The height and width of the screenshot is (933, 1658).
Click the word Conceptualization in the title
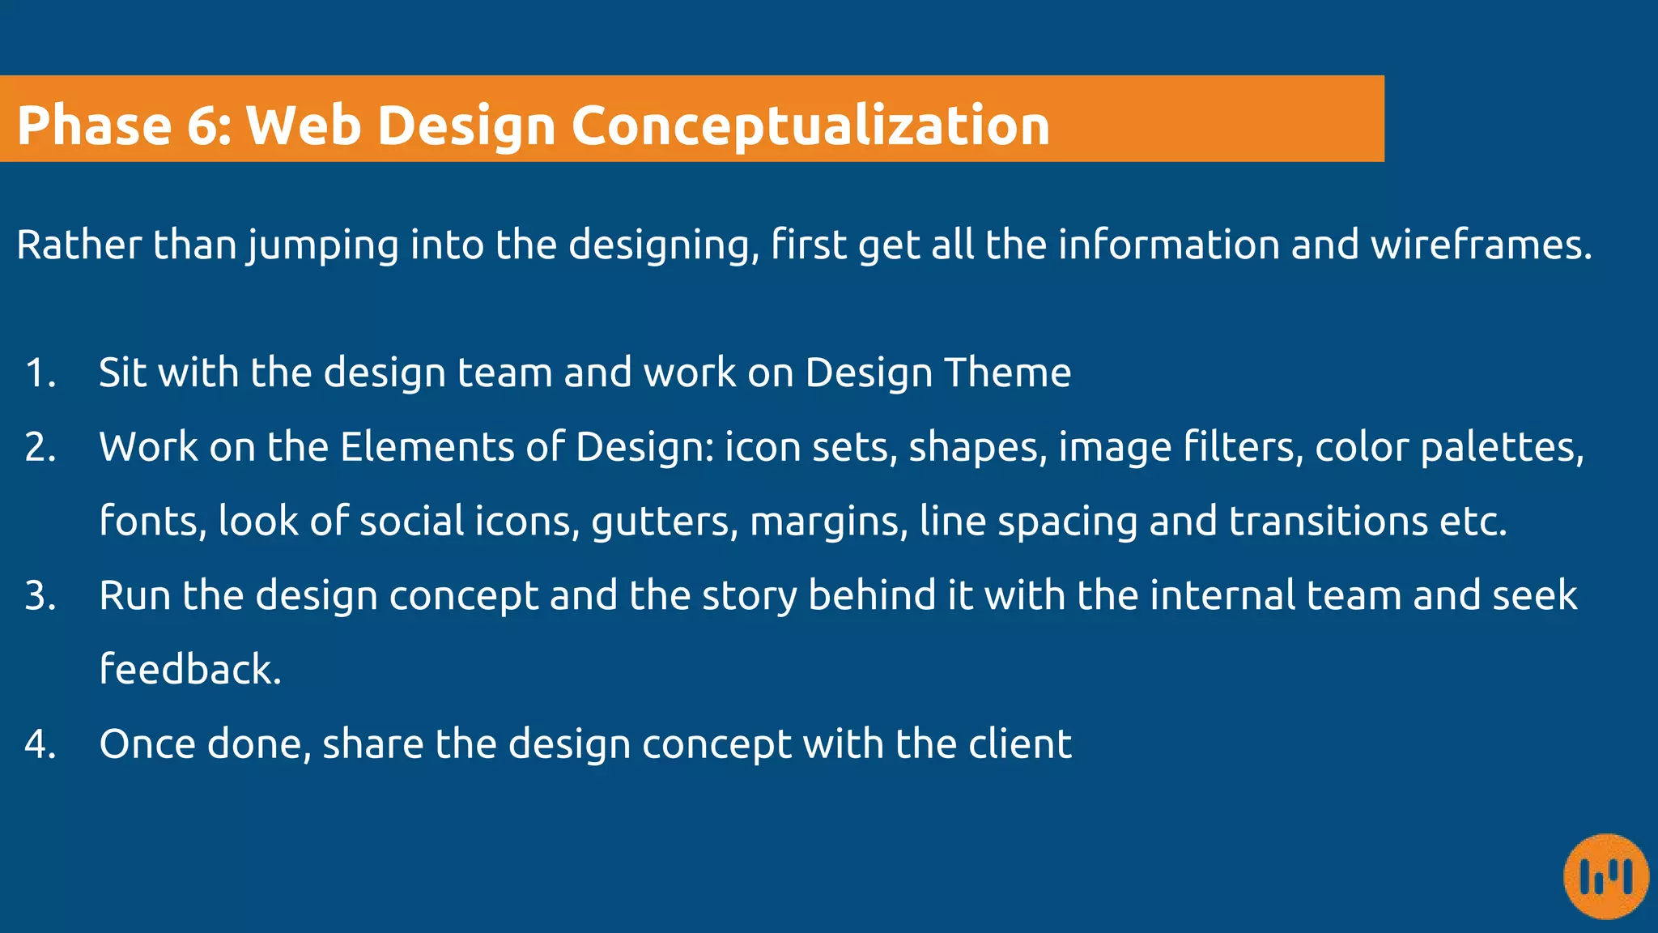pos(810,126)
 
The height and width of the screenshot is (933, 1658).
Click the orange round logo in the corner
pos(1606,876)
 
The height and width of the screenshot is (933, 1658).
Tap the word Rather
pos(79,245)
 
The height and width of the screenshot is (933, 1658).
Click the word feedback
pos(189,670)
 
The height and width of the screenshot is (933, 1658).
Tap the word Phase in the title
pos(94,126)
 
